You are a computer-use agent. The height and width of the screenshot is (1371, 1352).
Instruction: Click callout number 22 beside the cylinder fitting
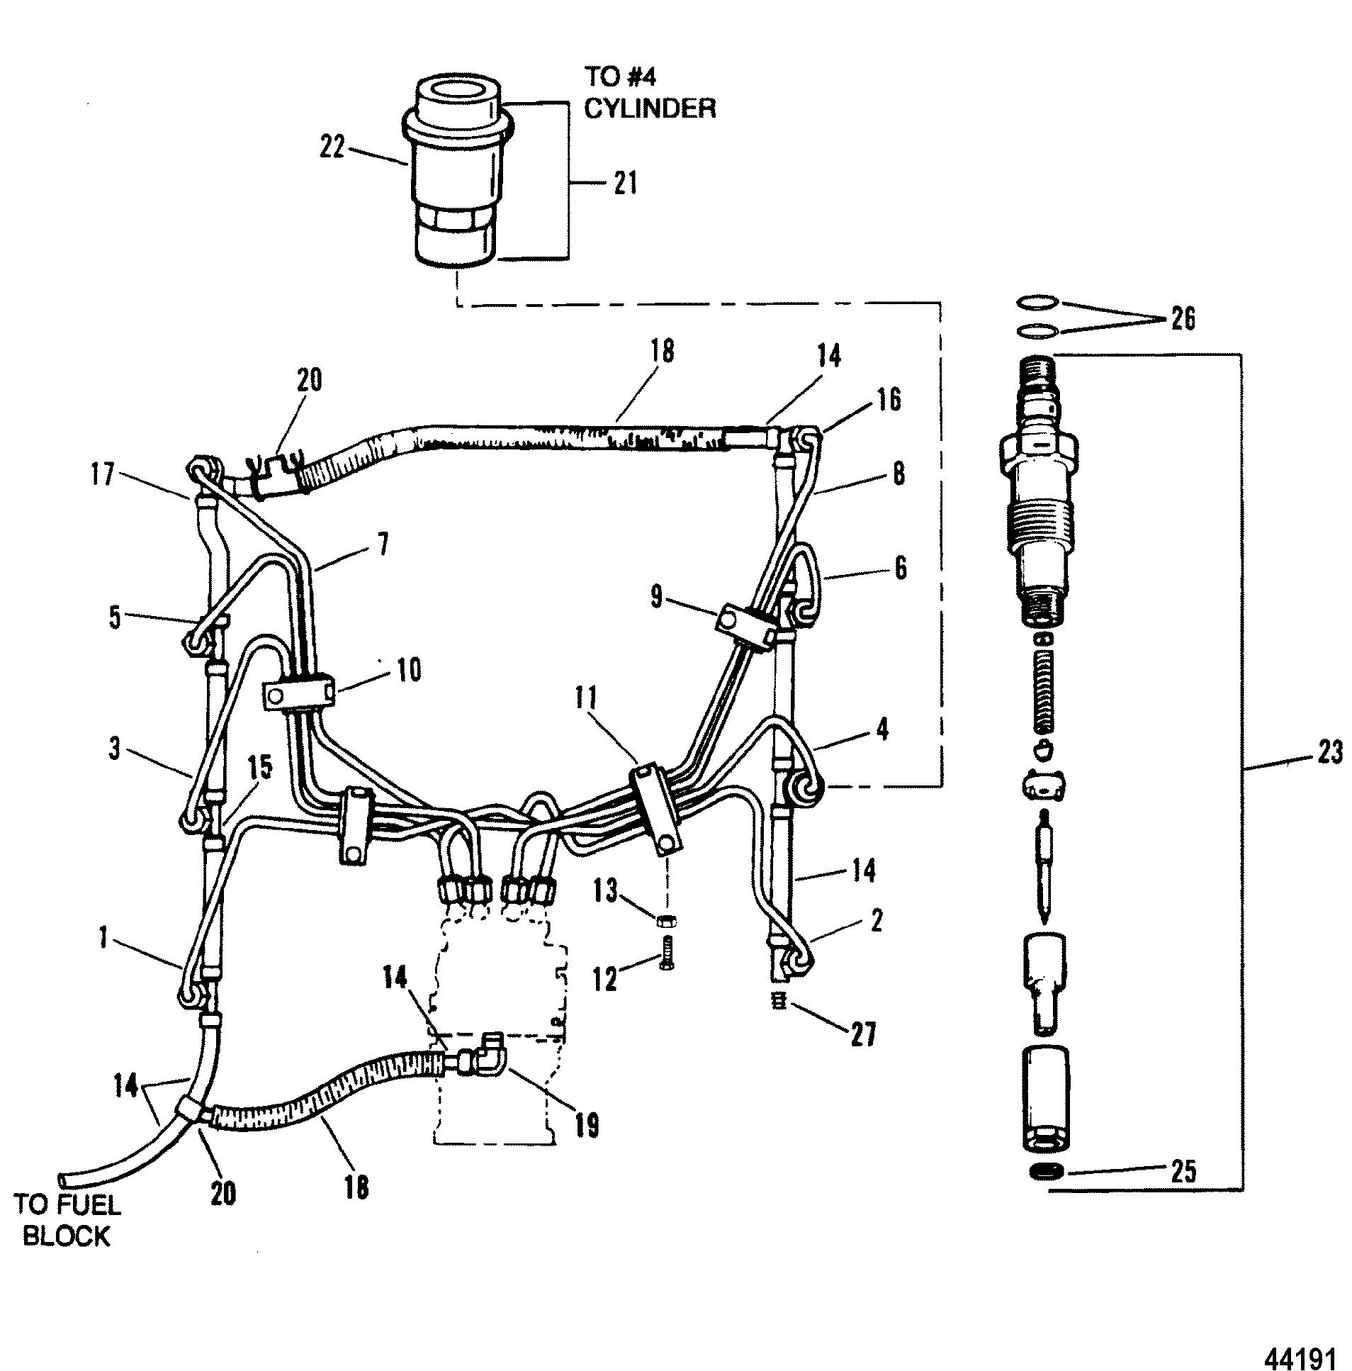[x=332, y=149]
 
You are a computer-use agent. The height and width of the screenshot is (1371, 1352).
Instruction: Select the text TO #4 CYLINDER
[x=649, y=91]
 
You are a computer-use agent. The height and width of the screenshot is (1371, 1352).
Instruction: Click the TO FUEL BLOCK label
[x=68, y=1220]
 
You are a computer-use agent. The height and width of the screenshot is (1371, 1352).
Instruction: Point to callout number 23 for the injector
[x=1328, y=751]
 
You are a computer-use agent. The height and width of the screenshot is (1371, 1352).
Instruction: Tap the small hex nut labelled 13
[x=666, y=921]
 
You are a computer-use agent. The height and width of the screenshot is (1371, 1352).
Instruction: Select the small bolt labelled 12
[x=667, y=951]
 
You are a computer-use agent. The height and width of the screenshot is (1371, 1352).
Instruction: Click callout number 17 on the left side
[x=101, y=474]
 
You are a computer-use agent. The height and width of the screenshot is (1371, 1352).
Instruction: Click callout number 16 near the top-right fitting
[x=887, y=401]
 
